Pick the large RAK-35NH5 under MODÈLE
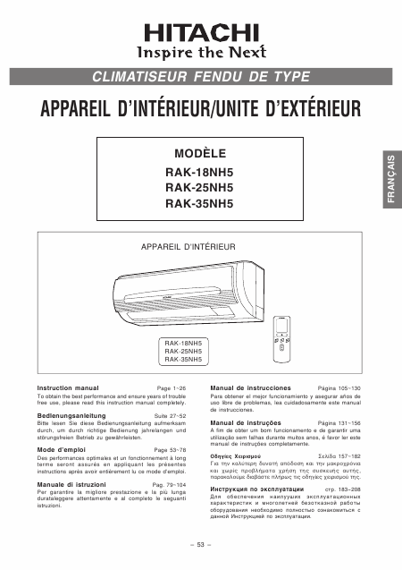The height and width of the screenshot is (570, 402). pos(200,203)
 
